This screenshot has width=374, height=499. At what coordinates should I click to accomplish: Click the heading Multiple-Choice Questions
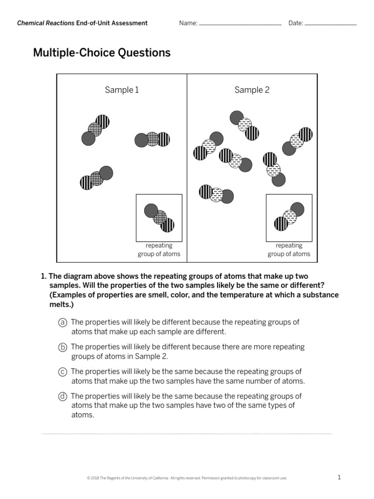[x=102, y=53]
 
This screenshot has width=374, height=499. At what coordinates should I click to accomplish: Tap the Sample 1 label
[x=122, y=90]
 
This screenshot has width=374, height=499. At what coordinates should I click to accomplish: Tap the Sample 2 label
[x=252, y=90]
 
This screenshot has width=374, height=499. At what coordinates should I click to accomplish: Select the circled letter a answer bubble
[x=62, y=323]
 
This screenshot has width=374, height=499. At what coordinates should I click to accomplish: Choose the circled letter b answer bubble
[x=62, y=347]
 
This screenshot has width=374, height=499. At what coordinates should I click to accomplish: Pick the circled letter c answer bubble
[x=62, y=372]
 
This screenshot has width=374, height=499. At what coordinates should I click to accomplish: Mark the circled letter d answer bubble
[x=62, y=396]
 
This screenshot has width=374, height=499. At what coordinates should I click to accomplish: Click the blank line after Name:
[x=240, y=23]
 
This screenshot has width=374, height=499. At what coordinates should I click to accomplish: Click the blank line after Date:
[x=331, y=23]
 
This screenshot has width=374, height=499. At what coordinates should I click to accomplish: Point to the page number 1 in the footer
[x=339, y=478]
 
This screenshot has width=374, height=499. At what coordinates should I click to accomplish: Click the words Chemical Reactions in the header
[x=46, y=23]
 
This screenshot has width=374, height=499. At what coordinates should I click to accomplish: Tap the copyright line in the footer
[x=187, y=478]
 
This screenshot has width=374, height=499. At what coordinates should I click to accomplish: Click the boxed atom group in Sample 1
[x=159, y=217]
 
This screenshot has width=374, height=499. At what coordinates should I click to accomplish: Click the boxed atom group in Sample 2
[x=289, y=217]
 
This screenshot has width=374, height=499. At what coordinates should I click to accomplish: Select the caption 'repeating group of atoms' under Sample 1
[x=159, y=249]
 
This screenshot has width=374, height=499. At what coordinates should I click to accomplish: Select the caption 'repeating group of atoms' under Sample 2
[x=289, y=249]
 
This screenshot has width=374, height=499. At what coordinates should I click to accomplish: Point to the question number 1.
[x=43, y=276]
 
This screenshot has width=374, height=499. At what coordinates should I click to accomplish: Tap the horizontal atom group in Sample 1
[x=152, y=140]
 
